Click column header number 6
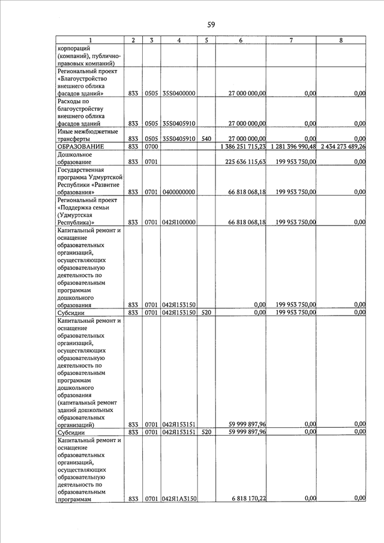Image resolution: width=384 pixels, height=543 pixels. [x=240, y=40]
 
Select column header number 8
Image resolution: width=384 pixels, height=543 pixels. [x=341, y=40]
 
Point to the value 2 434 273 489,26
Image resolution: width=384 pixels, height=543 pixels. [x=343, y=146]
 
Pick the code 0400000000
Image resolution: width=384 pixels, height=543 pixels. [x=178, y=193]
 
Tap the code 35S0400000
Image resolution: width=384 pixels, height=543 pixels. [x=178, y=94]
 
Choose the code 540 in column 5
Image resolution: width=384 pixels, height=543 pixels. [x=206, y=139]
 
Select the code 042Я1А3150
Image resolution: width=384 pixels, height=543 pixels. [x=179, y=499]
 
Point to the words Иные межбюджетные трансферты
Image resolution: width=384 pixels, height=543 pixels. [x=88, y=135]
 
